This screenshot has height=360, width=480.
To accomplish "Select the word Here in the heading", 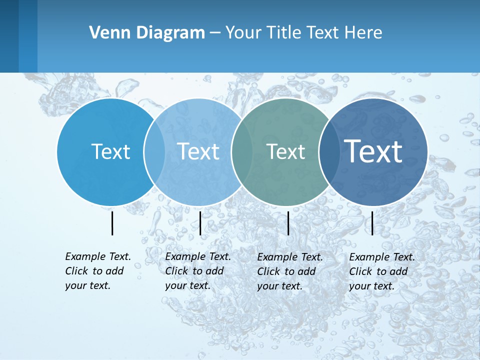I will pyautogui.click(x=363, y=33).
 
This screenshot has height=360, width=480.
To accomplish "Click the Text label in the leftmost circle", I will pyautogui.click(x=110, y=151).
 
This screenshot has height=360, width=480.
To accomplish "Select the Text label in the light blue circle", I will pyautogui.click(x=198, y=151).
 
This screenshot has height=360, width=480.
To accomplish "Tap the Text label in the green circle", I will pyautogui.click(x=285, y=152).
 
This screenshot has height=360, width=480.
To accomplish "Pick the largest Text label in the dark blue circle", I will pyautogui.click(x=373, y=151).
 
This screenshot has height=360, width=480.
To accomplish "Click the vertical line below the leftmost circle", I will pyautogui.click(x=112, y=223).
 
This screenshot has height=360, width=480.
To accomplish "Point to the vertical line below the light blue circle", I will pyautogui.click(x=200, y=223).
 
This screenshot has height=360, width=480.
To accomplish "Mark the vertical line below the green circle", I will pyautogui.click(x=288, y=223).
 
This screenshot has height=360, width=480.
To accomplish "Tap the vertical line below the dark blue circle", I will pyautogui.click(x=372, y=223).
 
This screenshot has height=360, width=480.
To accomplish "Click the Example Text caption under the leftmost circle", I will pyautogui.click(x=97, y=271).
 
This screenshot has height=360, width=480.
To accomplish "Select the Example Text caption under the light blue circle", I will pyautogui.click(x=197, y=271).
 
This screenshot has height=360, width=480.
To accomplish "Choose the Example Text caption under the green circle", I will pyautogui.click(x=289, y=271).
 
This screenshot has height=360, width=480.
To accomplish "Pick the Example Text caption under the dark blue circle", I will pyautogui.click(x=381, y=271).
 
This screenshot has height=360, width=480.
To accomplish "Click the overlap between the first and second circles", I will pyautogui.click(x=154, y=151).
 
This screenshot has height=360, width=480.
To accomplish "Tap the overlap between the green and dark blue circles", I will pyautogui.click(x=329, y=151).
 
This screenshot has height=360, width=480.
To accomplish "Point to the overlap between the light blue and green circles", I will pyautogui.click(x=241, y=151).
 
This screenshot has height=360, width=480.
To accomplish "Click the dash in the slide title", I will pyautogui.click(x=215, y=33).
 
